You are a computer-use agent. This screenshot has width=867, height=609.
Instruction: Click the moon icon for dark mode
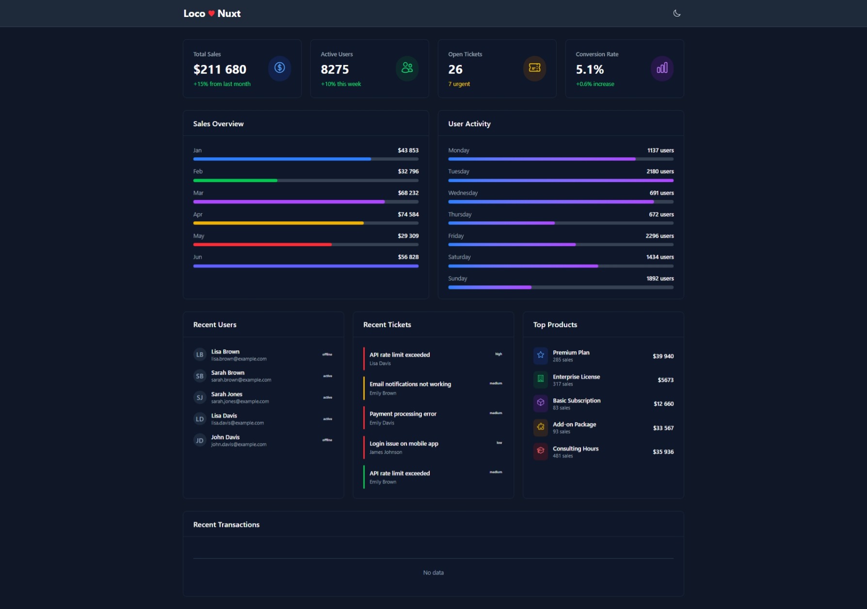(x=677, y=14)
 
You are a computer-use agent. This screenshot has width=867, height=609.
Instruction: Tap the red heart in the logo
(x=211, y=14)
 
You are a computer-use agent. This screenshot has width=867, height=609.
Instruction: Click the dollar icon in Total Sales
(x=279, y=68)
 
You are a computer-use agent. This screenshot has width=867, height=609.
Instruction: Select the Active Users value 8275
(x=335, y=69)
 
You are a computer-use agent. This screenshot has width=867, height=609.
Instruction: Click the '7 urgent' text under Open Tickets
(x=459, y=84)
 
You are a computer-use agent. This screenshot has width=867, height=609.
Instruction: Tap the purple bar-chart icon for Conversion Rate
(x=662, y=68)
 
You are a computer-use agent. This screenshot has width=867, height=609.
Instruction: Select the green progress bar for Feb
(x=235, y=181)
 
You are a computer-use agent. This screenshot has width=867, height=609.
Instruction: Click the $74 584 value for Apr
(x=408, y=214)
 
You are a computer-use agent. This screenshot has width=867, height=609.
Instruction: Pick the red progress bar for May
(x=262, y=245)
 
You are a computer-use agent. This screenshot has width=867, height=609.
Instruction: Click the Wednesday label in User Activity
(x=463, y=193)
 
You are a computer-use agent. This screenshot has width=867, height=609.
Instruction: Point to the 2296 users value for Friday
(x=659, y=236)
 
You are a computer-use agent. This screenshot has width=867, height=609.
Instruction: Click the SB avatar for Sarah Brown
(x=199, y=376)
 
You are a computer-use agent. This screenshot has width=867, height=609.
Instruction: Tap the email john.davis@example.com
(x=239, y=444)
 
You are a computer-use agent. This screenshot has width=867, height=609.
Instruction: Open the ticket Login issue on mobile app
(x=403, y=444)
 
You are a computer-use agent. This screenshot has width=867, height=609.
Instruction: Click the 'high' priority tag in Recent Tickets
(x=498, y=354)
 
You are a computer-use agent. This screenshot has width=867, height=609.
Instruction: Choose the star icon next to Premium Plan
(x=540, y=355)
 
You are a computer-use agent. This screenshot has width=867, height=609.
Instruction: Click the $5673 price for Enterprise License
(x=665, y=380)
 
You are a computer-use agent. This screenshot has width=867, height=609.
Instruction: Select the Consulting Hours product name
(x=575, y=449)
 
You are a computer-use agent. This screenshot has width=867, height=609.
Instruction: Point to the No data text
(x=433, y=573)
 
